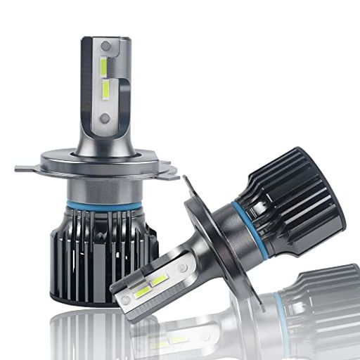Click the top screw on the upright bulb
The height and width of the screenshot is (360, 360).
tap(106, 46)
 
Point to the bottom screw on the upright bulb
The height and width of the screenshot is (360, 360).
tap(105, 116)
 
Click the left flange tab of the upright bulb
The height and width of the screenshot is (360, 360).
tap(26, 169)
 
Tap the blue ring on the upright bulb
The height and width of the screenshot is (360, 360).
tap(104, 205)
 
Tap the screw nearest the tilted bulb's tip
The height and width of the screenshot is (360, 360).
tap(126, 300)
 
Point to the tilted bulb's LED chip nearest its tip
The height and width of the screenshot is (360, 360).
tap(143, 290)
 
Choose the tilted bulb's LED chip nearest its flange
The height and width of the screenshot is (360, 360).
tap(160, 280)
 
